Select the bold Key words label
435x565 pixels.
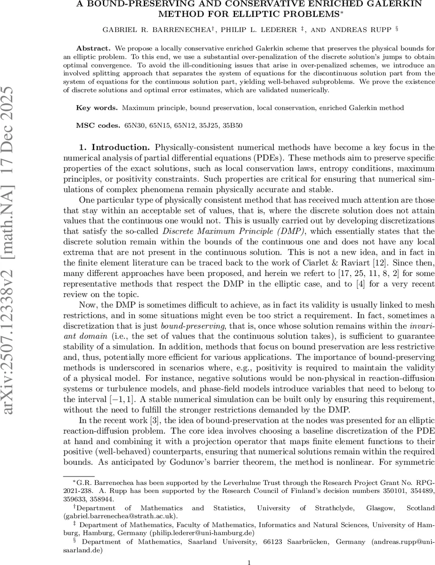(97, 108)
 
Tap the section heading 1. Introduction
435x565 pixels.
(115, 147)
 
